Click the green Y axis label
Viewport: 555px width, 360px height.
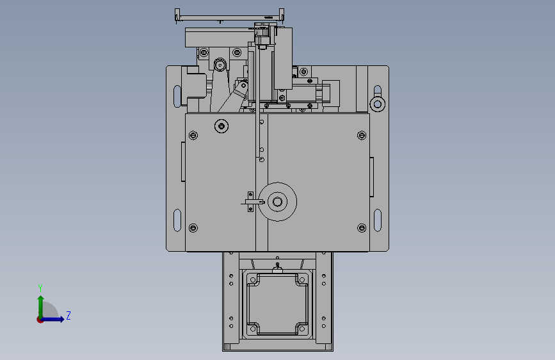[40, 288]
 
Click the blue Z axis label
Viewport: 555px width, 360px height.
[68, 315]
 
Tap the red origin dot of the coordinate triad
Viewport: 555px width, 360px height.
[40, 320]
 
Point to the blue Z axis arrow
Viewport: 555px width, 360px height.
[53, 319]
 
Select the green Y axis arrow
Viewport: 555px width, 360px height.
[41, 307]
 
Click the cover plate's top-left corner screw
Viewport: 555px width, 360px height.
[193, 135]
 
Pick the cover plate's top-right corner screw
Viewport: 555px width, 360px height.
[362, 135]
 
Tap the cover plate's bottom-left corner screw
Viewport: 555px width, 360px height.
[193, 228]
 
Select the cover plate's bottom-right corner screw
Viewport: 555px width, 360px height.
[362, 228]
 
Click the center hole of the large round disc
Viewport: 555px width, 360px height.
[278, 202]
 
